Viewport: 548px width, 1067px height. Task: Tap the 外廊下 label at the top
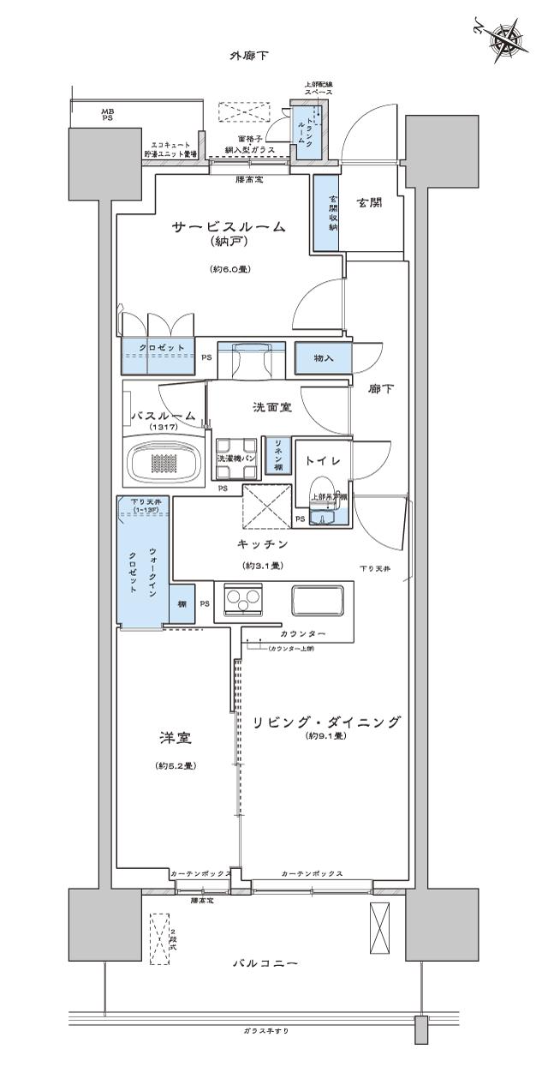coord(249,56)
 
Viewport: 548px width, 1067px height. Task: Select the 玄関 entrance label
coord(368,203)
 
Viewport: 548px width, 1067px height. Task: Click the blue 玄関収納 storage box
coord(325,213)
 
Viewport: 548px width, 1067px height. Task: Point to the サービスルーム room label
coord(228,227)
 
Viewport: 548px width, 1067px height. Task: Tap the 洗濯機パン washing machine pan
coord(236,457)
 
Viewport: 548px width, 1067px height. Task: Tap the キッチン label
coord(262,544)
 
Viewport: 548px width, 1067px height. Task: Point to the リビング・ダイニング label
coord(325,722)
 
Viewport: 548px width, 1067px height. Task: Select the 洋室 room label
coord(174,738)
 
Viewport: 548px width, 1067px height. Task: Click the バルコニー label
coord(265,964)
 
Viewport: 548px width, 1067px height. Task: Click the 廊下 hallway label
coord(380,388)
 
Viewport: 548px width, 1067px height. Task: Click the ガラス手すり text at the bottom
coord(265,1031)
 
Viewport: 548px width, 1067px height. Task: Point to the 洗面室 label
coord(272,407)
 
